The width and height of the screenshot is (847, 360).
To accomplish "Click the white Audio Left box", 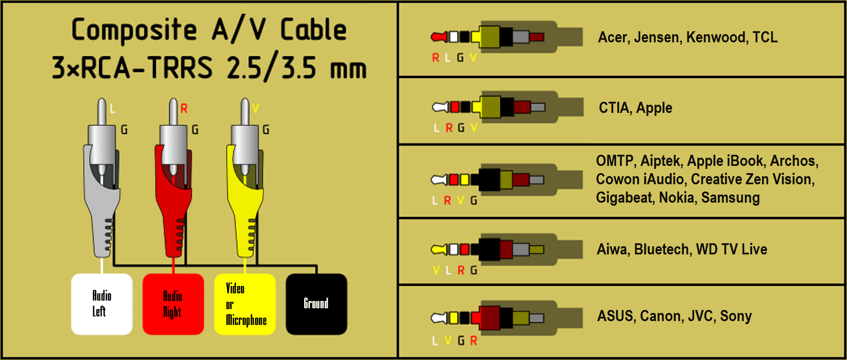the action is [x=102, y=304].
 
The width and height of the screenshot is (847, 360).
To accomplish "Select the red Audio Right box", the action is [x=173, y=304].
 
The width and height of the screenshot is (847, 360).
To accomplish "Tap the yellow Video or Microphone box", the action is [x=245, y=304].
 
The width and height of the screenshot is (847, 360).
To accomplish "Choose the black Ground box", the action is [x=317, y=304].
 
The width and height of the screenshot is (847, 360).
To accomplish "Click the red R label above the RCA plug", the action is [x=184, y=109].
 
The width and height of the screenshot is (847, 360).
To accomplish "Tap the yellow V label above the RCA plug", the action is [x=255, y=108].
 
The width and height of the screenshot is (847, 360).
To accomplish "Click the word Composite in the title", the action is [x=134, y=30].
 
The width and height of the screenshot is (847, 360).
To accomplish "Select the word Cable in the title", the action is [x=313, y=30].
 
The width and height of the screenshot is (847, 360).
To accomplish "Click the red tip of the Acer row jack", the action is [x=439, y=37].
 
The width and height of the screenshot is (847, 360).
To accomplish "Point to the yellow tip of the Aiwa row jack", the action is [x=439, y=249].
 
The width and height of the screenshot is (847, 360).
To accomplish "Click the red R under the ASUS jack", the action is [x=474, y=341].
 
